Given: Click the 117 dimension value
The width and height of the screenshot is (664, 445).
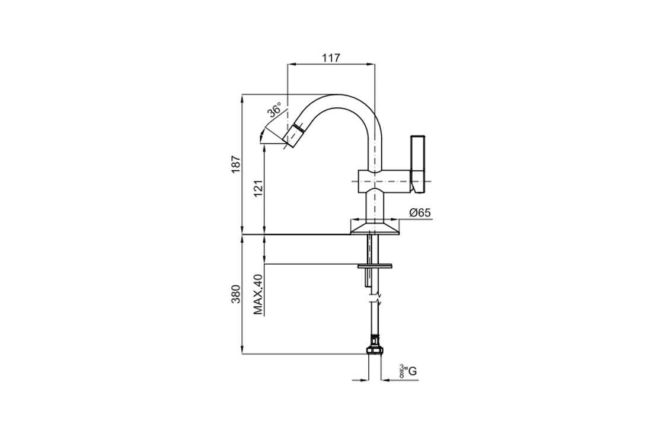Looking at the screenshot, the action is click(331, 58).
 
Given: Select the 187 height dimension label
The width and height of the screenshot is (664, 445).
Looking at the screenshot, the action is click(236, 164).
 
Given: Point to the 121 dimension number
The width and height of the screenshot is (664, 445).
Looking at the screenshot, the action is click(258, 188).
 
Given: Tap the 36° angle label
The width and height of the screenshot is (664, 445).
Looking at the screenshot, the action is click(274, 110).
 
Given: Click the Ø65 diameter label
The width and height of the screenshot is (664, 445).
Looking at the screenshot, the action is click(420, 213).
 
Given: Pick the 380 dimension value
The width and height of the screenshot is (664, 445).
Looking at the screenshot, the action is click(236, 294).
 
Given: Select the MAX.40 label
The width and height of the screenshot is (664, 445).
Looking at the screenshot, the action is click(258, 294).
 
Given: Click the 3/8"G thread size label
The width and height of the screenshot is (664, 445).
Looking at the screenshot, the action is click(408, 371).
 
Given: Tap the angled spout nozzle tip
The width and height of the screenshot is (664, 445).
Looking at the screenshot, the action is click(293, 136).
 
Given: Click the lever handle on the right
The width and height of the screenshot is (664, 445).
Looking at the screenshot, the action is click(419, 164).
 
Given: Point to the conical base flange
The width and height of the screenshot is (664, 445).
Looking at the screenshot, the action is click(375, 228).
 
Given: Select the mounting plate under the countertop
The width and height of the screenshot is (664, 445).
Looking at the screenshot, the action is click(375, 266).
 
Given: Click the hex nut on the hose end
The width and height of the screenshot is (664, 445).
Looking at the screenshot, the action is click(375, 350).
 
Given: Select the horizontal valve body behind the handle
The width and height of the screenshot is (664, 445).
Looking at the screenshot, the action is click(384, 181).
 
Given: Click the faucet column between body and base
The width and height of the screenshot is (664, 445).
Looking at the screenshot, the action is click(375, 205).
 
